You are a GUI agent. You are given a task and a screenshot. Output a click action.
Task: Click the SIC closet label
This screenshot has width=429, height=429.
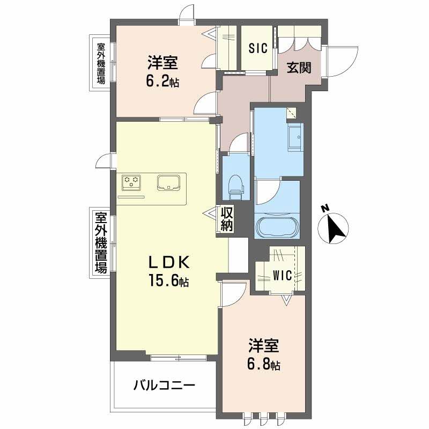tap(257, 48)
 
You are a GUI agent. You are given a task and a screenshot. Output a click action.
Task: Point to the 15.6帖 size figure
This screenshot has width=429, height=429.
tap(168, 280)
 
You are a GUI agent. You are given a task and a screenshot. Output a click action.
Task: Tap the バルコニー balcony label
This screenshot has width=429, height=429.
tap(164, 385)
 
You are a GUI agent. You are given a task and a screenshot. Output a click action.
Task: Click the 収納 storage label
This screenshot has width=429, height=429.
tap(226, 219)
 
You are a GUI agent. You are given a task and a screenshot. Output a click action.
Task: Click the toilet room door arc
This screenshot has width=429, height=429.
tap(239, 144)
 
